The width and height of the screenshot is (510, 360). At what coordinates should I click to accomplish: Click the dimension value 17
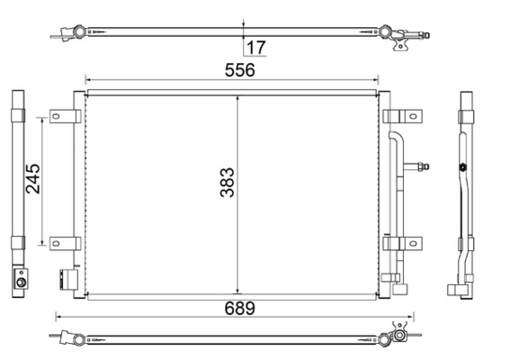pyautogui.click(x=256, y=47)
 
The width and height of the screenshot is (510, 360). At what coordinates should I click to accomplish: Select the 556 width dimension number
pyautogui.click(x=240, y=69)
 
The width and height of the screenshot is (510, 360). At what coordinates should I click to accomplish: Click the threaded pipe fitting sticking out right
pyautogui.click(x=420, y=165)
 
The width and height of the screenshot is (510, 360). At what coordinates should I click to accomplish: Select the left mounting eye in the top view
pyautogui.click(x=79, y=32)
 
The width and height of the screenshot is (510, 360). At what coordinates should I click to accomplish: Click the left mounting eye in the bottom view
pyautogui.click(x=79, y=338)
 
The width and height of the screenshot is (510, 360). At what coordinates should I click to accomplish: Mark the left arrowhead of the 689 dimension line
pyautogui.click(x=59, y=316)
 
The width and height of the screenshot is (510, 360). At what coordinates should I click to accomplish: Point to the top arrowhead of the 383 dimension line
pyautogui.click(x=237, y=94)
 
